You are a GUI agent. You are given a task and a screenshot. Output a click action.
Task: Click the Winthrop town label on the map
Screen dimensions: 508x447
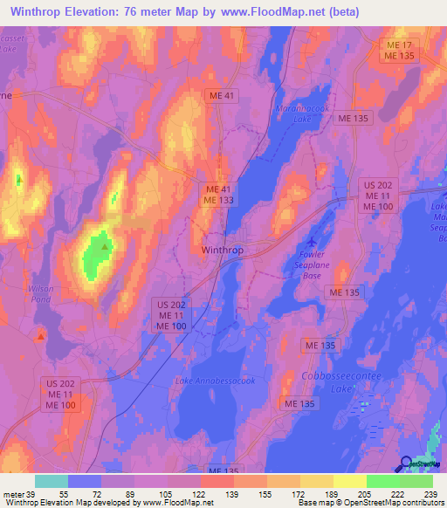coord(223,249)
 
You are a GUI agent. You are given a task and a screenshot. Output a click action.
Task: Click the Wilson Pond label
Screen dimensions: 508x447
coord(40,292)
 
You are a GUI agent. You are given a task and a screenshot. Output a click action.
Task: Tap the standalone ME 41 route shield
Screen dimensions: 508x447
coord(220,95)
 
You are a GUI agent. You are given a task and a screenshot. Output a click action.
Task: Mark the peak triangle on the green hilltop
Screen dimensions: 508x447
coord(105,247)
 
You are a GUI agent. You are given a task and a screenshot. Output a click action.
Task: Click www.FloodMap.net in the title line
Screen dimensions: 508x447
coord(265,12)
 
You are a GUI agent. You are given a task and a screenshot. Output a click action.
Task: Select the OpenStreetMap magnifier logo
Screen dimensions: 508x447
coord(407,463)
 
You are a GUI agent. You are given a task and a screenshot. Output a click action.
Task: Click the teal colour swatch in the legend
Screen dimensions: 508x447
coord(51,481)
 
